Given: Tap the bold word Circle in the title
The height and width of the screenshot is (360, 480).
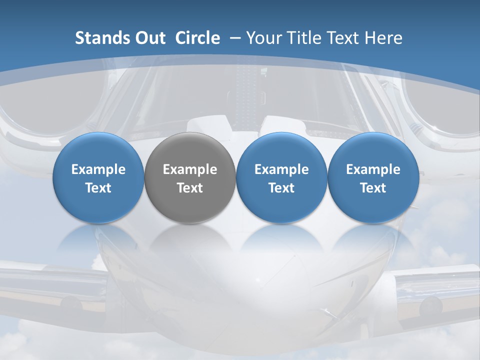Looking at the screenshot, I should point(197,38).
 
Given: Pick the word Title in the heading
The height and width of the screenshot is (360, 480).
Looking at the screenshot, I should point(302,38).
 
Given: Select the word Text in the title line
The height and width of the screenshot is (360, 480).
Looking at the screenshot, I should point(341,38).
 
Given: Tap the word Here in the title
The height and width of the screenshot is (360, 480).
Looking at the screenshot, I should point(383,38).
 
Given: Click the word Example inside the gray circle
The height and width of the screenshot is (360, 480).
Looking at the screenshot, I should point(189,169).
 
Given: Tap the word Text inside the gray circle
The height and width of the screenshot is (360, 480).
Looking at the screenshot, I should point(189,188).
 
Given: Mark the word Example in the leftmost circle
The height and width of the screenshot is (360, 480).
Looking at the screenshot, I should point(98,169).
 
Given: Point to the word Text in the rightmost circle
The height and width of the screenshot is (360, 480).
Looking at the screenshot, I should point(373,188).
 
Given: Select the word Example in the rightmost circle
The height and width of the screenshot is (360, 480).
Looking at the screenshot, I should point(373,169).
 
